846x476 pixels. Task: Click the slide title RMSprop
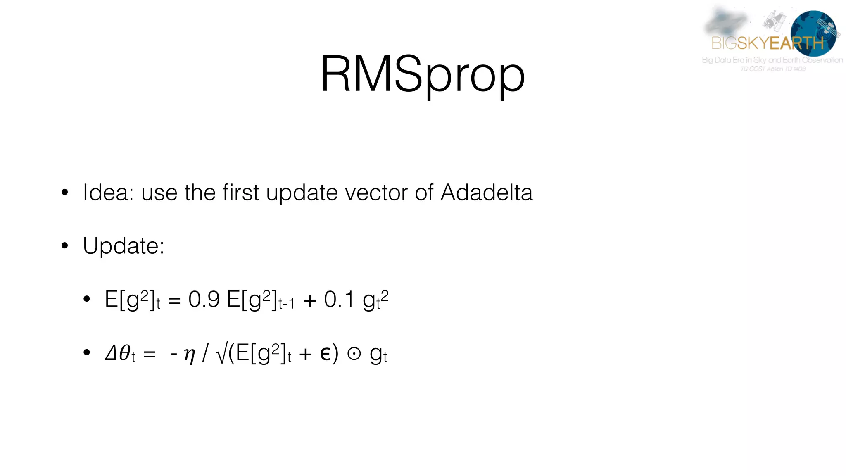coord(423,74)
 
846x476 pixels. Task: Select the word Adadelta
coord(487,193)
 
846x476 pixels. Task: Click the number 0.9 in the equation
coord(204,299)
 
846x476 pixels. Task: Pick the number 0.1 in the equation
coord(339,299)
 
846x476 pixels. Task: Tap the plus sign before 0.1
coord(310,300)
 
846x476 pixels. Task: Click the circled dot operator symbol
coord(354,354)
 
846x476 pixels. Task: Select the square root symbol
coord(221,355)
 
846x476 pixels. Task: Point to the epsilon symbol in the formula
coord(326,354)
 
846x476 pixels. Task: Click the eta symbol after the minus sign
coord(189,355)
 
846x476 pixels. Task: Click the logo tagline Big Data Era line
coord(772,60)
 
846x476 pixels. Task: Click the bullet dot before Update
coord(64,246)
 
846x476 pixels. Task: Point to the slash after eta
coord(205,354)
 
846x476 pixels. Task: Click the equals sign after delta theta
coord(149,355)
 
